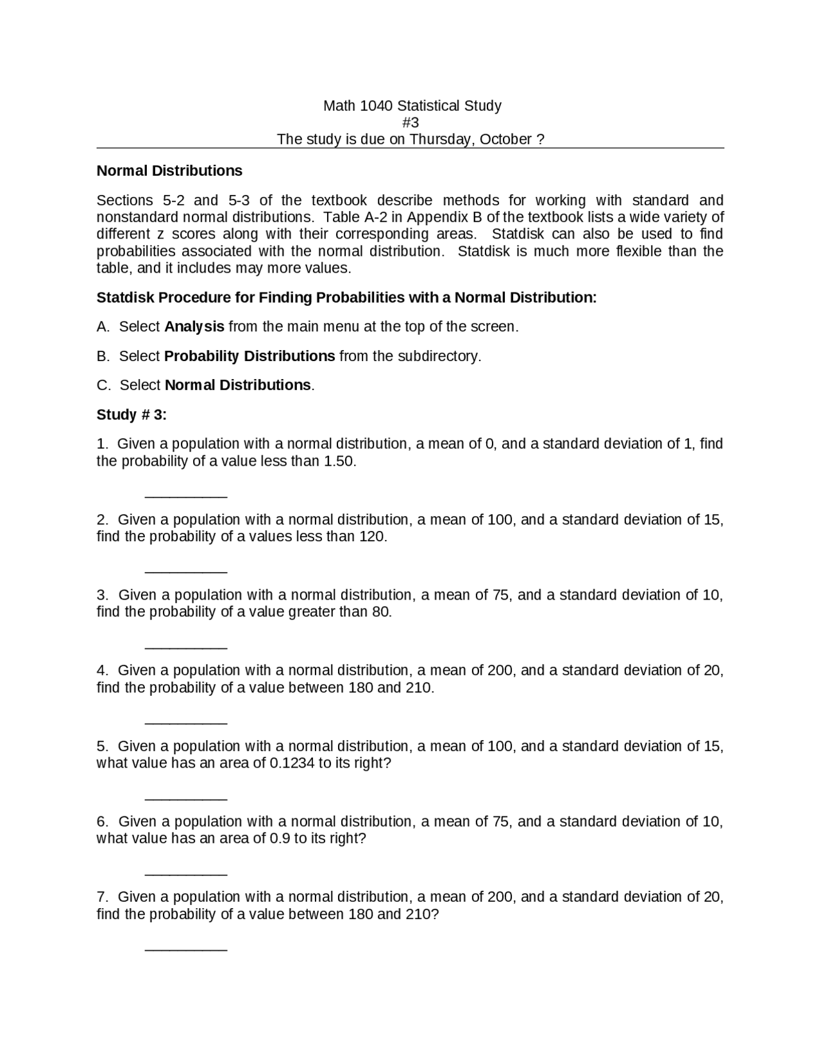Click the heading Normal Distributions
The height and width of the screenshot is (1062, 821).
[x=169, y=171]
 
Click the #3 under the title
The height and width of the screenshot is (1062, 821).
[x=410, y=122]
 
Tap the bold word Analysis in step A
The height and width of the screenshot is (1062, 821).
[x=194, y=326]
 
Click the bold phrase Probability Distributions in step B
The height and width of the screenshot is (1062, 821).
[x=249, y=356]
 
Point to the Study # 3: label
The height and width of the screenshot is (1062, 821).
[x=131, y=415]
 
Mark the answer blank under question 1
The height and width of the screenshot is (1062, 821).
[x=186, y=496]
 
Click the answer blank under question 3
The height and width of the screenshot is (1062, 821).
[x=186, y=647]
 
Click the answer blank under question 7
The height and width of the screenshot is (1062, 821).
[x=186, y=949]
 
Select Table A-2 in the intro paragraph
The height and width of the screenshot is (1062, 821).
[x=353, y=217]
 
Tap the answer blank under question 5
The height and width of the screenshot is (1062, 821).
[x=186, y=798]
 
